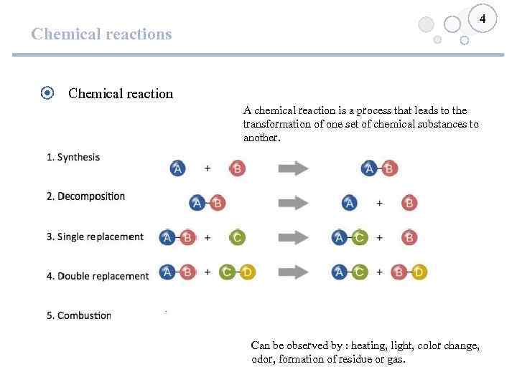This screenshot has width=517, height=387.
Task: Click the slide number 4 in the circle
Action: click(483, 19)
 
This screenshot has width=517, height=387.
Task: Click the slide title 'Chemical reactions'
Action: click(101, 34)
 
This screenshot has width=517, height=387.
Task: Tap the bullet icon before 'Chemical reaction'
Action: click(47, 92)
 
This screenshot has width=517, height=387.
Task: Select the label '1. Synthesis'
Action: click(73, 157)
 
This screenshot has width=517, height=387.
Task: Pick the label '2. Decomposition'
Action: click(85, 196)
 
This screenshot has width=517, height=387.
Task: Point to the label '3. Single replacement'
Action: click(95, 236)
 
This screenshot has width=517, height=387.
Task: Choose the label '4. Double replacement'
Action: click(98, 276)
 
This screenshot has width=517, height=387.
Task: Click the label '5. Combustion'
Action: click(79, 315)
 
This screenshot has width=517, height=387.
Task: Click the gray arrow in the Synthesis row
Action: click(293, 168)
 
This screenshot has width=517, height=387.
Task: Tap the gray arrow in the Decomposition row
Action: click(293, 203)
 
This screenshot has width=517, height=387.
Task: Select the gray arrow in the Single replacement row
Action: click(293, 237)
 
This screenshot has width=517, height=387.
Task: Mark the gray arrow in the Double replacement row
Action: click(293, 272)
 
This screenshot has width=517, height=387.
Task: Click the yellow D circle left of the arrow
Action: click(247, 272)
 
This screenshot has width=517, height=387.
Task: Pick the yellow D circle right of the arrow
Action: click(419, 272)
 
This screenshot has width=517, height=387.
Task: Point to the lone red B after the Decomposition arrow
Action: click(409, 203)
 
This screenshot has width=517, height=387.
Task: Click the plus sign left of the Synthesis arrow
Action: click(208, 168)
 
